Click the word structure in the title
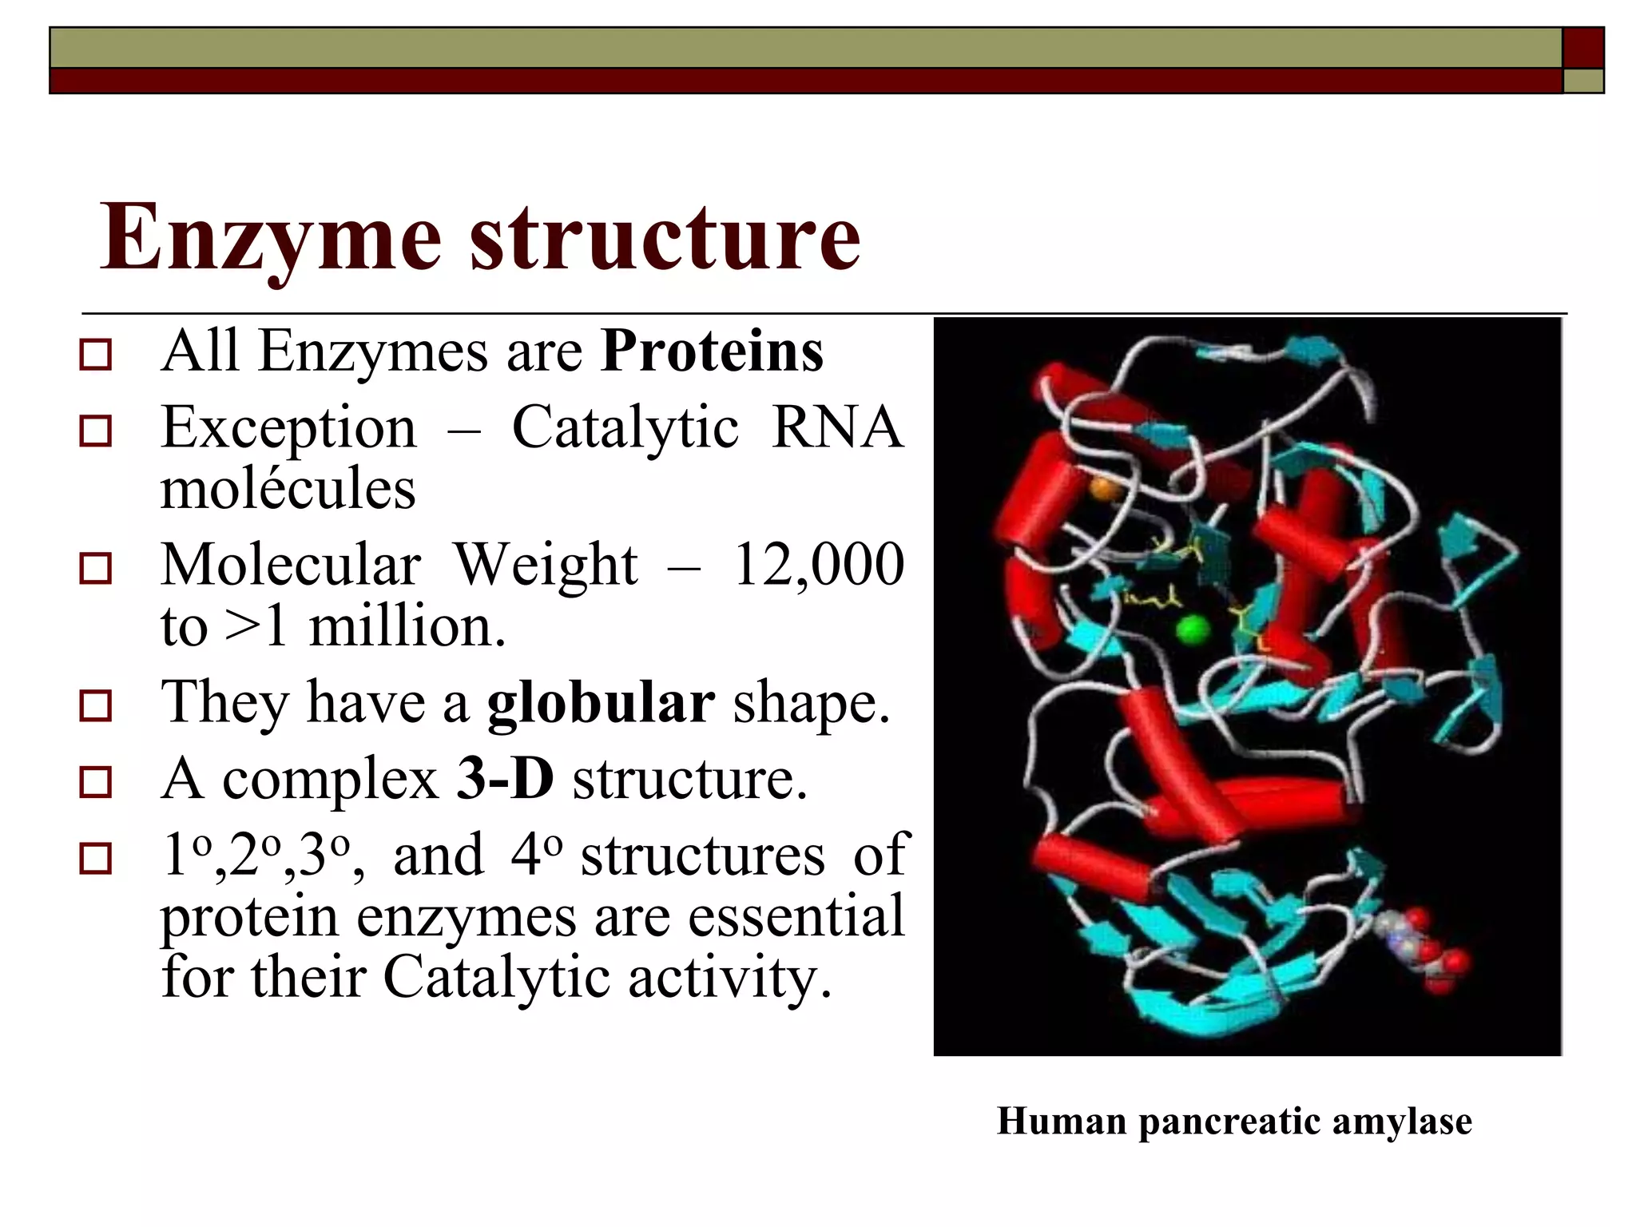coord(665,238)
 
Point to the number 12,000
coord(818,565)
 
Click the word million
coord(407,627)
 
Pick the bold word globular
coord(601,703)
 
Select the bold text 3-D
coord(505,779)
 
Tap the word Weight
coord(546,565)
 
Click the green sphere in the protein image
coord(1193,630)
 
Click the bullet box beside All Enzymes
coord(96,354)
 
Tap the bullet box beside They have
coord(96,706)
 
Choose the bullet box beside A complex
coord(96,782)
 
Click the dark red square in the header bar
coord(1582,48)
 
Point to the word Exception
coord(288,429)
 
